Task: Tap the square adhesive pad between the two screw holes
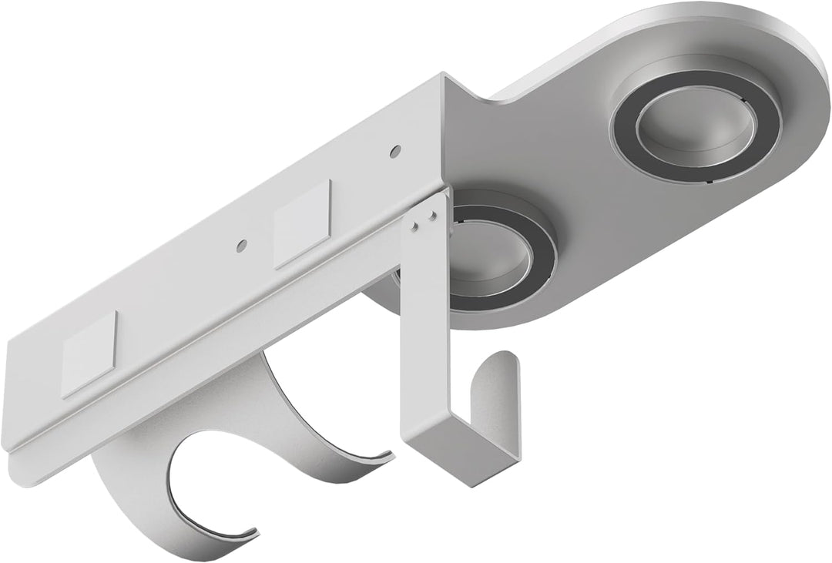coord(303,223)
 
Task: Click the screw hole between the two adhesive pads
coord(242,245)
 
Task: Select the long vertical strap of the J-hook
coord(418,323)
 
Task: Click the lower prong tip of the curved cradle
coord(250,529)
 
